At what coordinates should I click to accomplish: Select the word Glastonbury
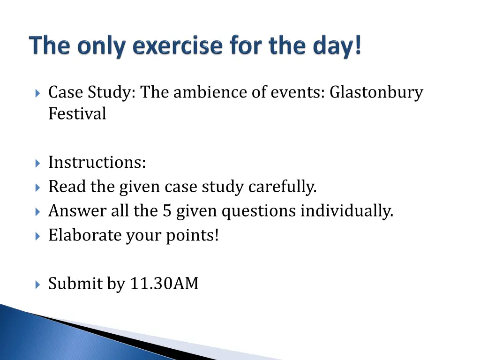coord(376,92)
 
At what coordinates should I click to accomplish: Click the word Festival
coord(77,113)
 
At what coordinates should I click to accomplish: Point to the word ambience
coord(210,92)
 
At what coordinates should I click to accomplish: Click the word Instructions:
coord(97,162)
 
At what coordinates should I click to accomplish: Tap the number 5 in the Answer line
coord(167,211)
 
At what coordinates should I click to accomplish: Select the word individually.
coord(346,211)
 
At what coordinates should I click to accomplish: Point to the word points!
coord(192,235)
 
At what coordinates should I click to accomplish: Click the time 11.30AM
coord(164,284)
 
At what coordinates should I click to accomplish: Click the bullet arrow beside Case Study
coord(37,92)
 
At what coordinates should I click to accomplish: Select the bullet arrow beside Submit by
coord(37,284)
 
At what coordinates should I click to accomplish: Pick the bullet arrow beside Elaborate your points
coord(37,235)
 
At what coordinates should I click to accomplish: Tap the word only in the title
coord(99,46)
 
